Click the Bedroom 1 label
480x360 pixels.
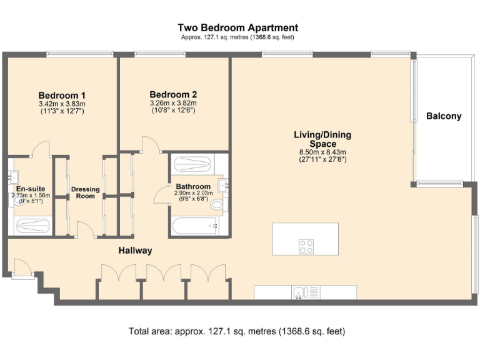tap(62, 95)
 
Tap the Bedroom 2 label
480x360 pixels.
tap(173, 94)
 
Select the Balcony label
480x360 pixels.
tap(444, 116)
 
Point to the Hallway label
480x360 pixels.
tap(135, 251)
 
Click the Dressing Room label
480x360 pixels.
tap(86, 192)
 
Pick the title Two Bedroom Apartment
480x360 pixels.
tap(238, 27)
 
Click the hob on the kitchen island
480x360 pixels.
tap(306, 246)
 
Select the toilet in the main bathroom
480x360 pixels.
tap(217, 204)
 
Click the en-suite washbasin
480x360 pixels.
tap(12, 177)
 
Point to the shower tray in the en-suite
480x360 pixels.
tap(32, 226)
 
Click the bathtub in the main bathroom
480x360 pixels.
tap(195, 226)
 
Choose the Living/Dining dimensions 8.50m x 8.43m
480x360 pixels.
tap(322, 152)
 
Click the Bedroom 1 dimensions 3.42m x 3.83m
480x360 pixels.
tap(62, 104)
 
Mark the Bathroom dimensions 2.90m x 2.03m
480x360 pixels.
tap(194, 193)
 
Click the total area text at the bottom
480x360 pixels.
tap(237, 331)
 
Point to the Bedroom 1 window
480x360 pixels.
tap(80, 54)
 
